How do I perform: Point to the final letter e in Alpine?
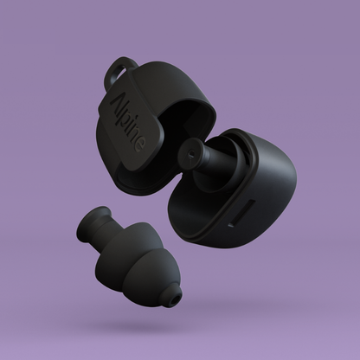click(x=139, y=145)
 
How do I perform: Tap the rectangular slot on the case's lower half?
click(x=241, y=214)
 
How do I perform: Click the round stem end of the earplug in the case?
click(x=190, y=152)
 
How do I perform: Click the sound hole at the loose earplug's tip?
click(x=175, y=302)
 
